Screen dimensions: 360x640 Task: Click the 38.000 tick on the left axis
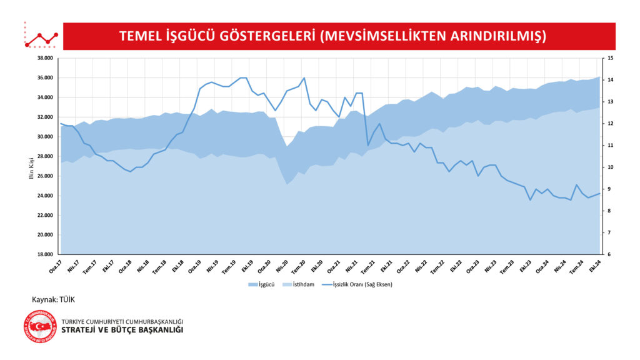(x=44, y=58)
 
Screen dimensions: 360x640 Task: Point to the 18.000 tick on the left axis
(x=44, y=254)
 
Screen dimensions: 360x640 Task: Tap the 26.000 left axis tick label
(x=44, y=176)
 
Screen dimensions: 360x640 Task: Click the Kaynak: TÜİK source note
(x=53, y=300)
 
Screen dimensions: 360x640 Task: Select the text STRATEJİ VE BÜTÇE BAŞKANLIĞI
(x=122, y=330)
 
